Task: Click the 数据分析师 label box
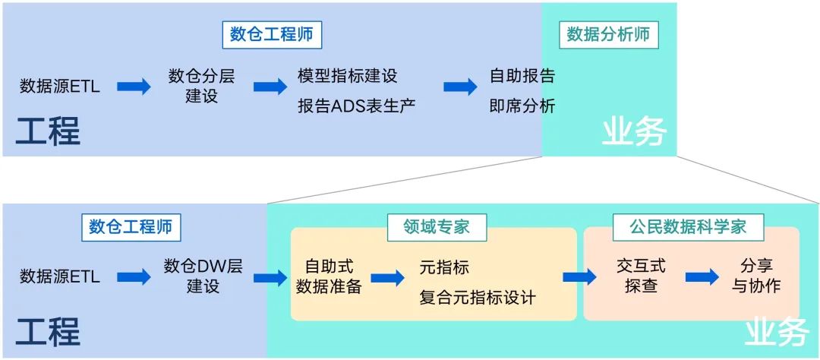[609, 35]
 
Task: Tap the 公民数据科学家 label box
[688, 226]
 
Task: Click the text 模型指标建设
[348, 76]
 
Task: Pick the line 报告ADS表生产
[356, 106]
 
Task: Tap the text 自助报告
[522, 76]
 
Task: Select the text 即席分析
[522, 106]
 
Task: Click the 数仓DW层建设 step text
[203, 276]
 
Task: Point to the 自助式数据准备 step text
[329, 276]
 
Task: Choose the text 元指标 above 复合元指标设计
[444, 267]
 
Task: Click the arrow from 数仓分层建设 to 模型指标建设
[270, 87]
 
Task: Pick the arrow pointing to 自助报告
[460, 87]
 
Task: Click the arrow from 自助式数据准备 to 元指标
[387, 278]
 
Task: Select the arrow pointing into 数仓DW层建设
[134, 277]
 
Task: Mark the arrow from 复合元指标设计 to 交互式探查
[579, 277]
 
